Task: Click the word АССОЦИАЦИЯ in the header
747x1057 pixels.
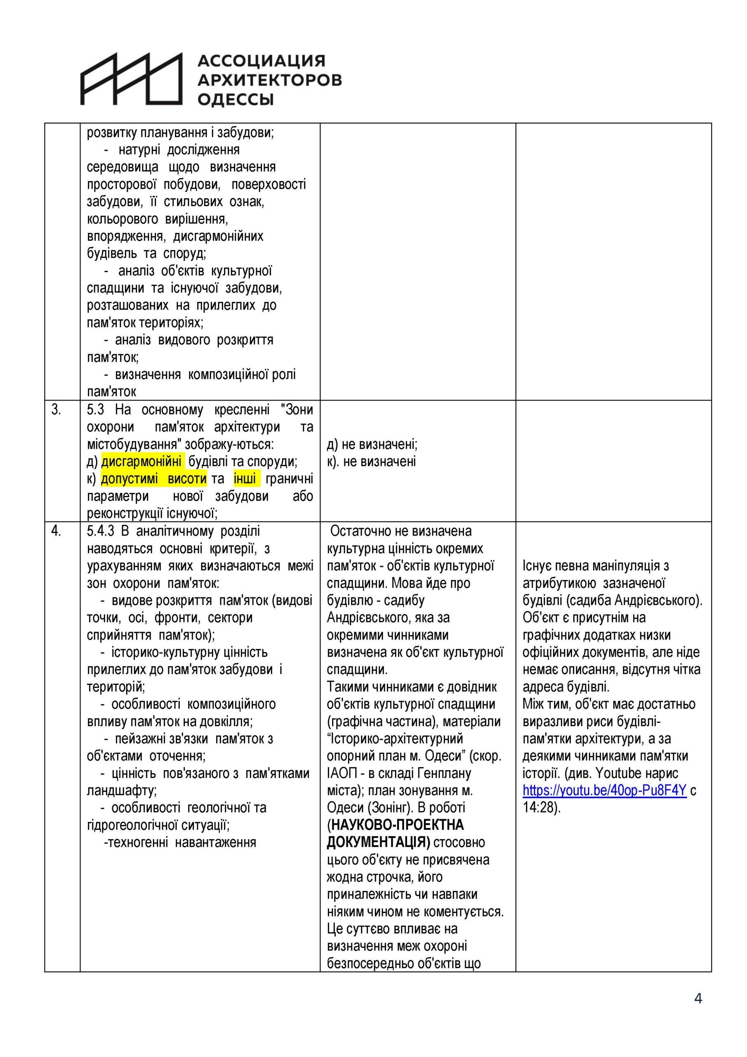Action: point(261,61)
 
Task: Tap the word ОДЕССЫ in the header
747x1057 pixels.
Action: point(236,99)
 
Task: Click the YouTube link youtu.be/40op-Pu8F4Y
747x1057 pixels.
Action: point(604,790)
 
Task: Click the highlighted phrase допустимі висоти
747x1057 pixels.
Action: point(153,479)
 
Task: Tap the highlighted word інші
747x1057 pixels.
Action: point(245,479)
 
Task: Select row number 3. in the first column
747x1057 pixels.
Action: point(56,410)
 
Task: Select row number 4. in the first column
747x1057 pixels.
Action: point(56,531)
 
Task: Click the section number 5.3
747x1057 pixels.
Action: point(96,410)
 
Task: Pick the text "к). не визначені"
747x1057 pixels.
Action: point(371,461)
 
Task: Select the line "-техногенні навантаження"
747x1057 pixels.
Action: point(180,842)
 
